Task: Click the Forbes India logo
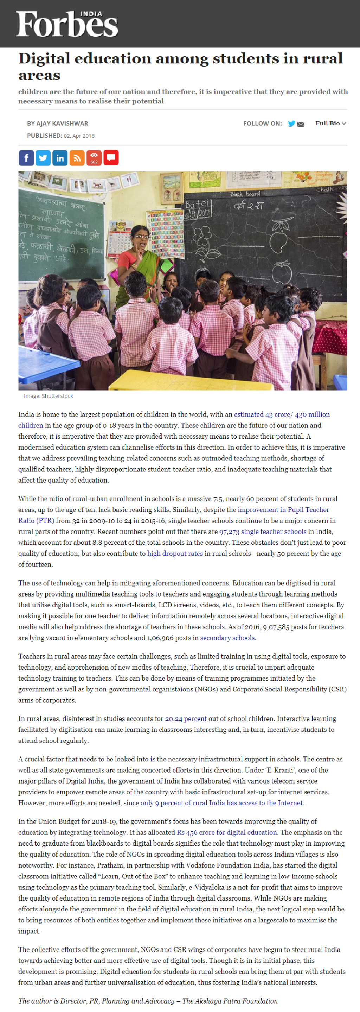(67, 24)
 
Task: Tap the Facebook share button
(26, 158)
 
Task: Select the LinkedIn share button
(60, 158)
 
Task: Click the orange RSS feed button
(77, 158)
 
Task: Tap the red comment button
(111, 158)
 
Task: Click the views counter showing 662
(94, 158)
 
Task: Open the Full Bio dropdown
(330, 123)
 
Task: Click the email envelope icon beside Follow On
(301, 124)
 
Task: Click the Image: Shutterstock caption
(49, 396)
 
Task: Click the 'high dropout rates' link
(175, 554)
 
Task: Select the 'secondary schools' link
(227, 638)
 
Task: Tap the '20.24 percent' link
(186, 718)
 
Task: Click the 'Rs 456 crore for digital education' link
(227, 832)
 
